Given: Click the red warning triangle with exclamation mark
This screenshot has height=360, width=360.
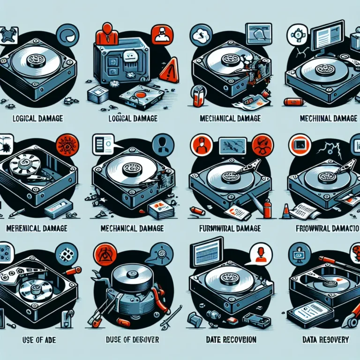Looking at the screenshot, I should [x=169, y=71].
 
